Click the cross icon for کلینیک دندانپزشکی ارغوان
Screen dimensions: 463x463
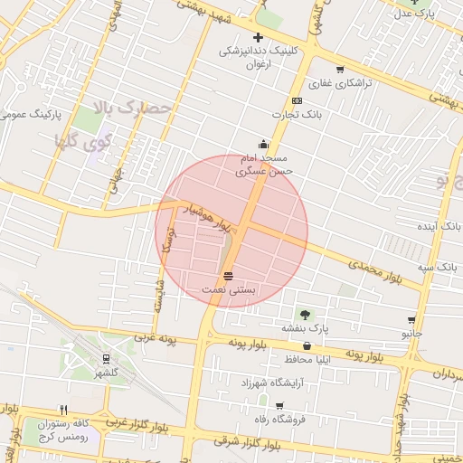pos(258,38)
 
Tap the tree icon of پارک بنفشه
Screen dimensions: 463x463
pos(304,314)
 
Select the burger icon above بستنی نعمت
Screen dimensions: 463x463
pos(228,276)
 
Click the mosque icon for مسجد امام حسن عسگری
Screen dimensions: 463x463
pos(263,143)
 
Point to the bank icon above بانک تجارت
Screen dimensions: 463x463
pos(297,100)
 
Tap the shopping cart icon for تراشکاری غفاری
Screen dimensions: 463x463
pos(340,70)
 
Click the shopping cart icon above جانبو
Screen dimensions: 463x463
pos(412,320)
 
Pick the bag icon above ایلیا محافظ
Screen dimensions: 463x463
pos(307,346)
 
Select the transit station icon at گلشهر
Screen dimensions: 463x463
pos(107,359)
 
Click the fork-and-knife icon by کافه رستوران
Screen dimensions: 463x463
pos(62,410)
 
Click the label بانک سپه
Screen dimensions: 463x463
pos(437,268)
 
